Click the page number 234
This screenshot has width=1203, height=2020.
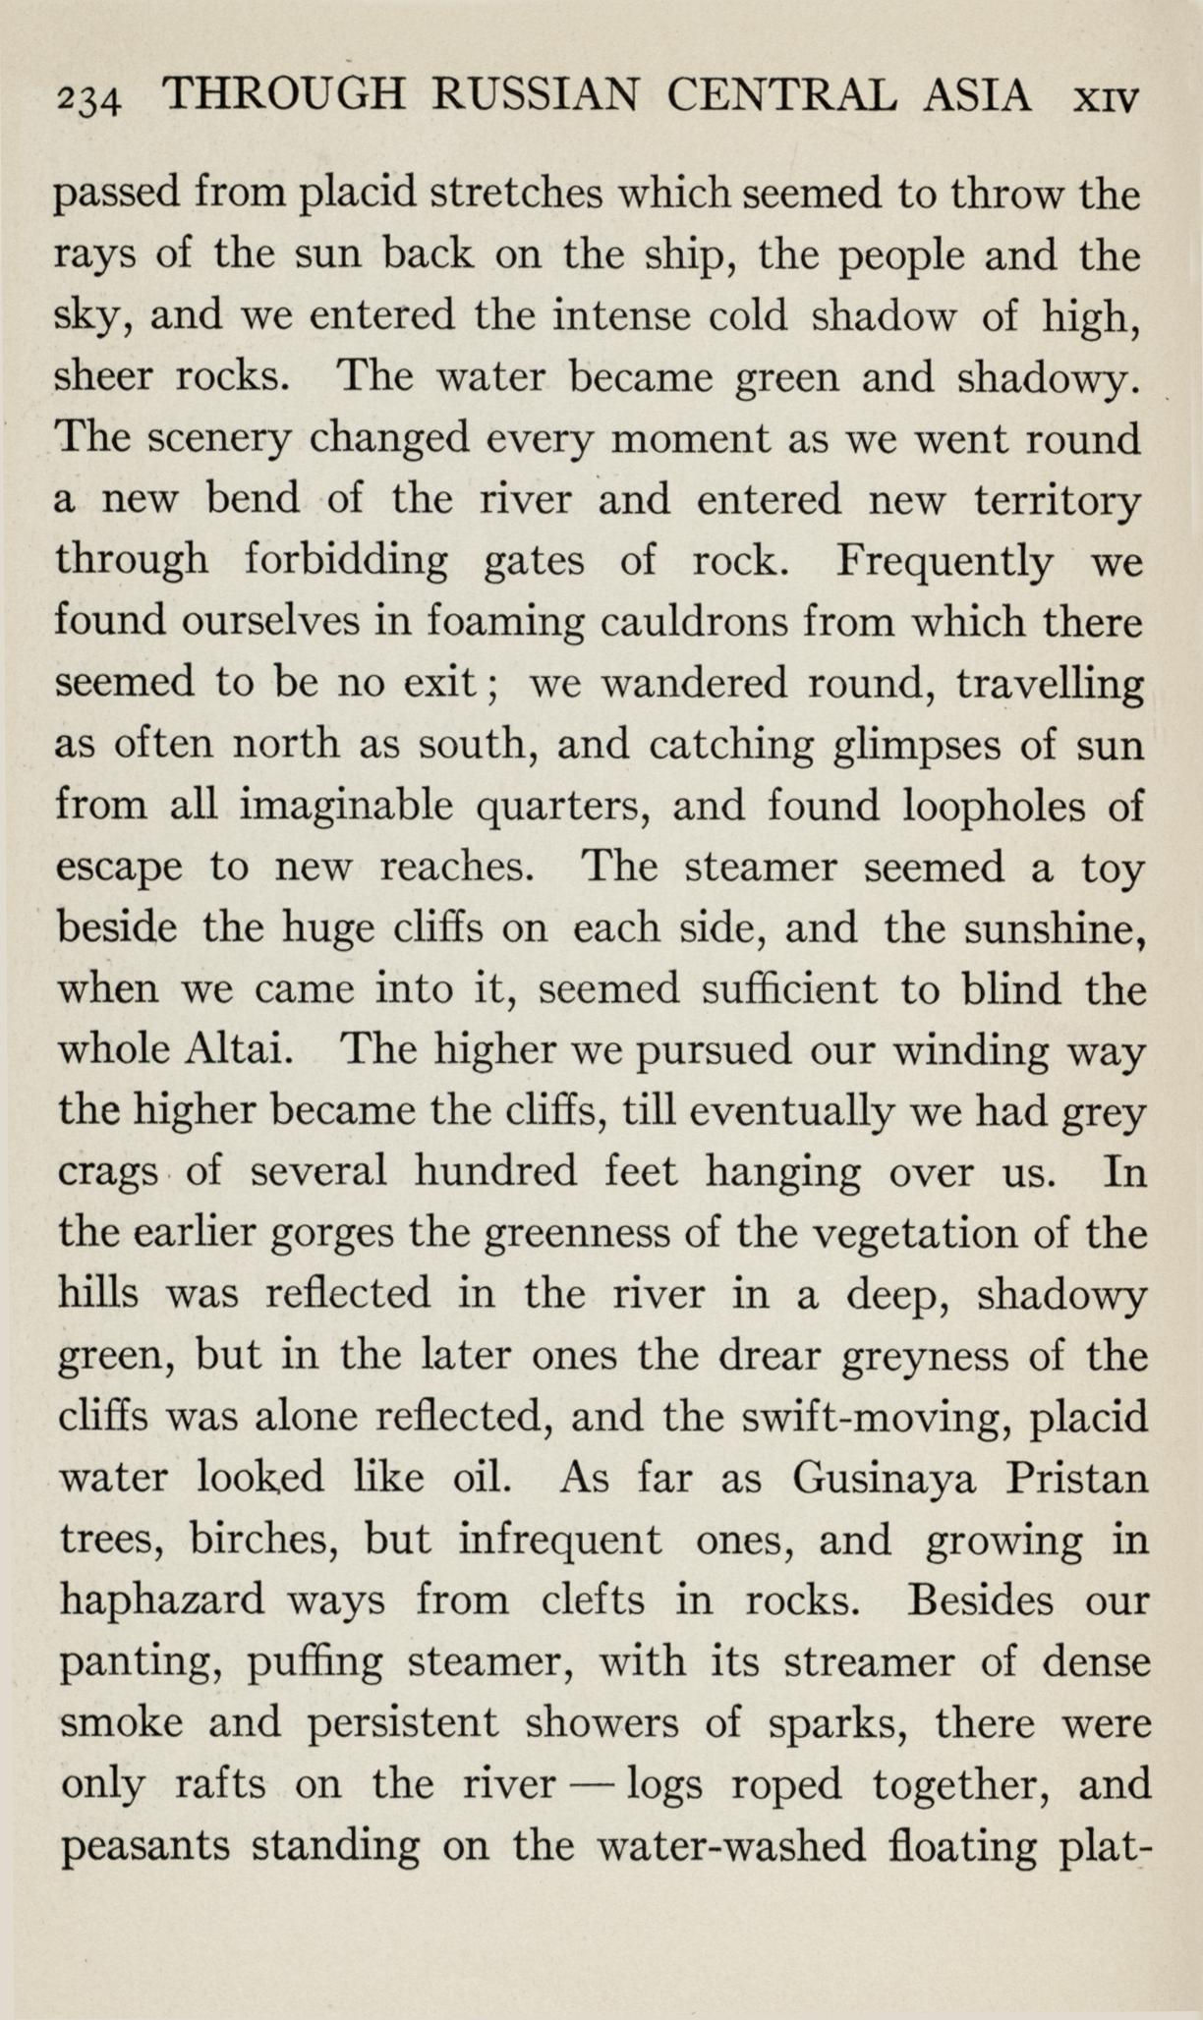point(87,99)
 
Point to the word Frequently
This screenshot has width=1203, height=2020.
point(945,563)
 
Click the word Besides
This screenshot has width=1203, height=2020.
point(985,1600)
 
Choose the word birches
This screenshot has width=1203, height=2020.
point(263,1540)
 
